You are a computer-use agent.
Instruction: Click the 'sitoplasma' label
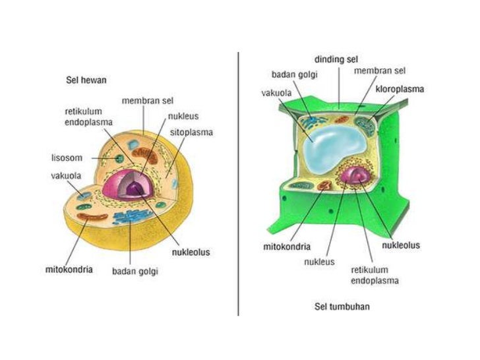pos(191,132)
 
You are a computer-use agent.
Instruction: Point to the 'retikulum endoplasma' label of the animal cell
pos(88,116)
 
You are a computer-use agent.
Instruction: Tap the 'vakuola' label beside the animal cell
pos(66,175)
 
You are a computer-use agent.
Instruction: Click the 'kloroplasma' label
pos(400,88)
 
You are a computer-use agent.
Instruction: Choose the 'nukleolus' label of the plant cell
pos(401,245)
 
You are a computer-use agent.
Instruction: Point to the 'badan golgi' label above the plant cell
pos(294,75)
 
